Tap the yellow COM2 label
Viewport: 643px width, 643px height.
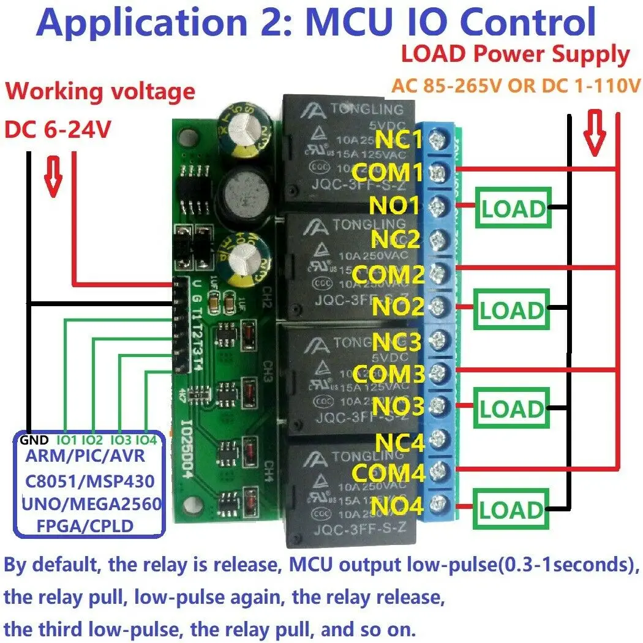(388, 274)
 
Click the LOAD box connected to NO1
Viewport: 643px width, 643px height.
(513, 209)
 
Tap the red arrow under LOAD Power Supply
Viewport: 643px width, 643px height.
(593, 132)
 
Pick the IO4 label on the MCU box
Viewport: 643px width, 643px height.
(146, 440)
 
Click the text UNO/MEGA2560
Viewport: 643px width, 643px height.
(91, 503)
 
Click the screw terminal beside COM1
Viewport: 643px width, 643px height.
(438, 173)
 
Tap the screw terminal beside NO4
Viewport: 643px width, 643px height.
(438, 505)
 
